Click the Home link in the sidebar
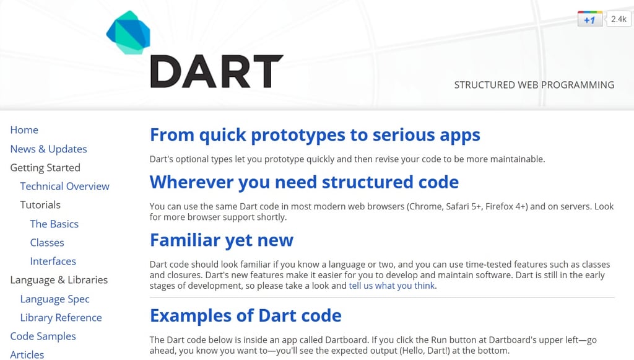coord(24,130)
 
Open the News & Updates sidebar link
coord(48,149)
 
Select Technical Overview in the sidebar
coord(64,187)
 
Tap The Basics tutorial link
coord(54,224)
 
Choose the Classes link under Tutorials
coord(47,242)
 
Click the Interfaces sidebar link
coord(53,261)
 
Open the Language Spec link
coord(54,299)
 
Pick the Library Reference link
coord(61,318)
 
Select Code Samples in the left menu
coord(43,336)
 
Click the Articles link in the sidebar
coord(27,354)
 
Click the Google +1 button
coord(589,19)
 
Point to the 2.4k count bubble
coord(618,19)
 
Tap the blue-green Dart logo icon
coord(128,32)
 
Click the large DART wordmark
coord(216,71)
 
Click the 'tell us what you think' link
coord(392,286)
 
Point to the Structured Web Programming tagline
coord(534,85)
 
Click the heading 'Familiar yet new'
coord(222,240)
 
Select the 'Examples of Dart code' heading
coord(245,315)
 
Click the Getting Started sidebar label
coord(45,168)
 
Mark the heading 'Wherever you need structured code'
coord(304,182)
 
